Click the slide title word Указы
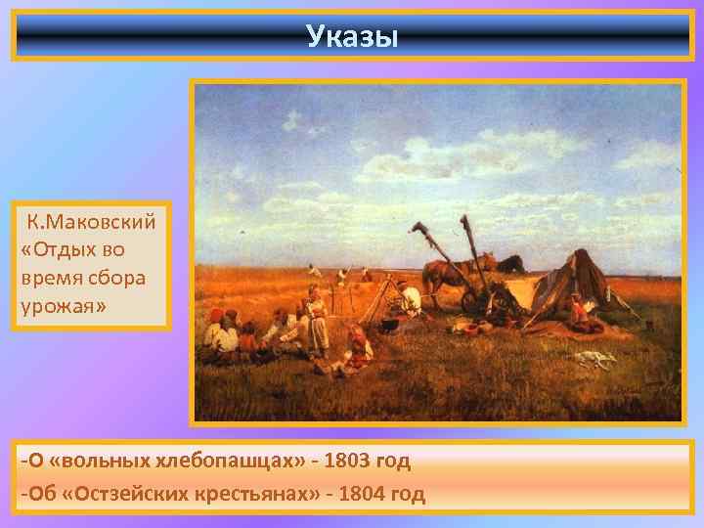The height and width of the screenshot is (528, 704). [351, 36]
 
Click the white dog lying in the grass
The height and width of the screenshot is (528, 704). [593, 359]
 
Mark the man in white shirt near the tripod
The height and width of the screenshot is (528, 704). [410, 297]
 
